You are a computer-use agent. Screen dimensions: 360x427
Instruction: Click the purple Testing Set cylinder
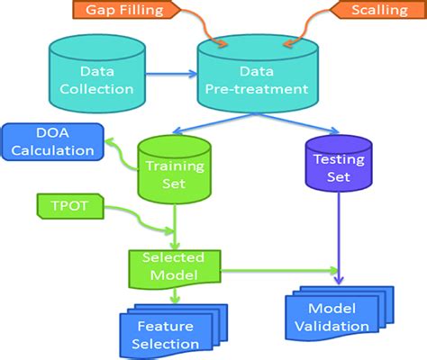(x=338, y=167)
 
